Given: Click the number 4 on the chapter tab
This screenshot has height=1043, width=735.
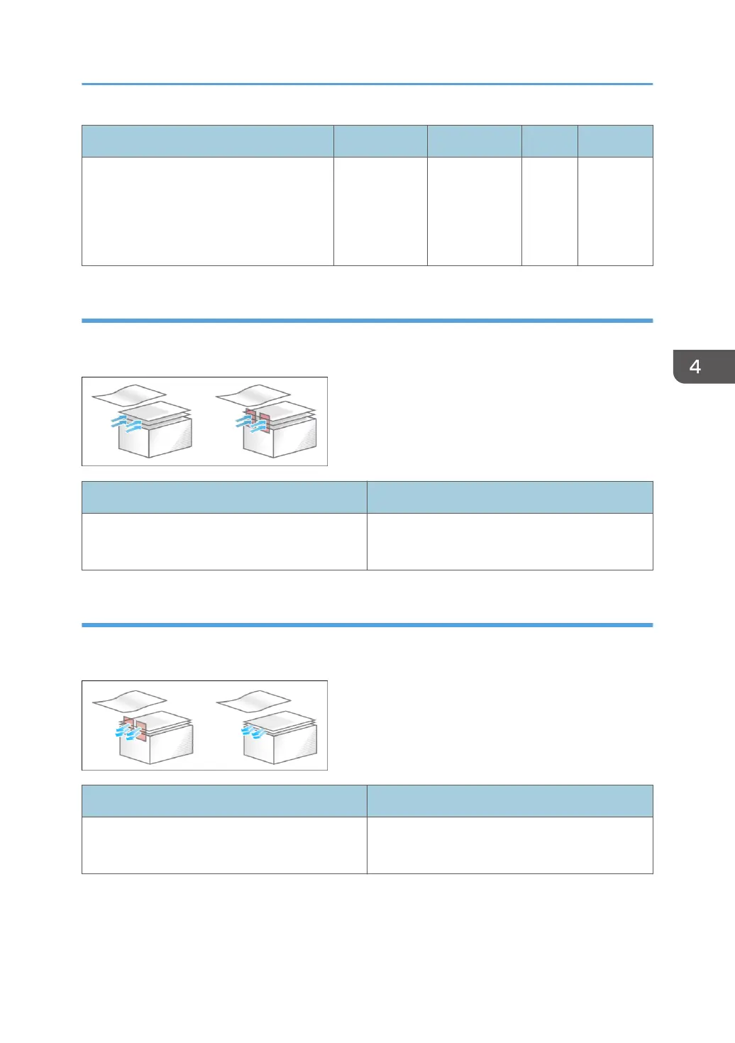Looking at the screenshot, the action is (695, 367).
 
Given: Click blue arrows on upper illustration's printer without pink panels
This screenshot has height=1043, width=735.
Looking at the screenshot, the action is (126, 424).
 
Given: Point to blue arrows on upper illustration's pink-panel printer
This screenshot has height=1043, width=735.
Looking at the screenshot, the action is (247, 424).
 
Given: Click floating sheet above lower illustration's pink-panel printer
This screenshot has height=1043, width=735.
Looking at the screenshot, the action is (129, 700).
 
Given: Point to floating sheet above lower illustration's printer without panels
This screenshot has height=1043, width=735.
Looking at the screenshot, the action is (253, 700).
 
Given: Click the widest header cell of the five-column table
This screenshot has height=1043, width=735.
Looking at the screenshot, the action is (207, 141).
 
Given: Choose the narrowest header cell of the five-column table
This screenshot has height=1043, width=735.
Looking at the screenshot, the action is (549, 141).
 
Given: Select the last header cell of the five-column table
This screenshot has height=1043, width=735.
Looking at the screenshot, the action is (615, 141).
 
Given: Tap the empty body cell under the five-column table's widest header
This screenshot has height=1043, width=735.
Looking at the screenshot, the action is (207, 211).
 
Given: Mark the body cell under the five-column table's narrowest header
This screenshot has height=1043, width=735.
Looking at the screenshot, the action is (549, 211).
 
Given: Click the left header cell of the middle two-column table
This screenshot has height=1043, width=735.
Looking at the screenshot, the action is (224, 497).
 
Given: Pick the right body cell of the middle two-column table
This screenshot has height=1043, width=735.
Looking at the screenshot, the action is (509, 541).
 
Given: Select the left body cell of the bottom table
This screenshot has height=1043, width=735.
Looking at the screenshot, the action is (224, 845).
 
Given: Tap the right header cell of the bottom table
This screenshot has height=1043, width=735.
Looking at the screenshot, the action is (509, 801).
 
